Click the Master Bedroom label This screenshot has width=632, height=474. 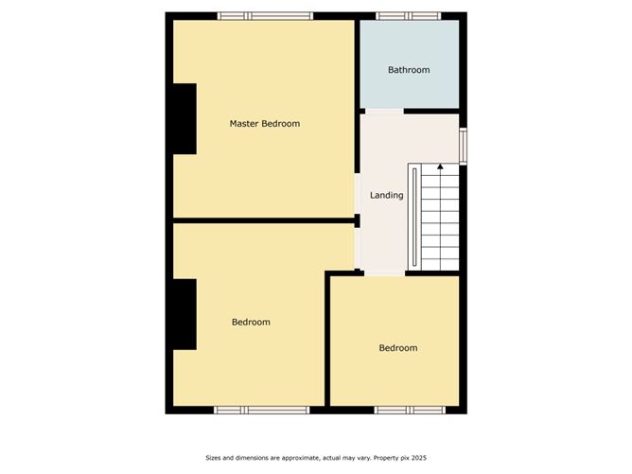pos(265,124)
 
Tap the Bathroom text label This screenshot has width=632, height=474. pos(409,70)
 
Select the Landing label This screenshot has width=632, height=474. pos(386,196)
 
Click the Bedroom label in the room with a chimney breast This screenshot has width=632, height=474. pos(251,323)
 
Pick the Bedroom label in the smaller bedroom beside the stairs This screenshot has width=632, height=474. pos(397,348)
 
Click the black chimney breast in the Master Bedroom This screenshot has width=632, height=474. pos(184,119)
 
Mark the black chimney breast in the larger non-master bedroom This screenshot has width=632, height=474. pos(184,314)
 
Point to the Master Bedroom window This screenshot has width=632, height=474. pos(265,16)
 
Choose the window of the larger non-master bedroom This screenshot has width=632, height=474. pos(261,410)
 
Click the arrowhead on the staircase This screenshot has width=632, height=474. pos(440,168)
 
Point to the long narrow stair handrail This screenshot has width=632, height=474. pos(414,218)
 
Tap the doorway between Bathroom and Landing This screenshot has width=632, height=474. pos(384,112)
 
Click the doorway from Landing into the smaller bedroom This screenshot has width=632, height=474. pos(384,273)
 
